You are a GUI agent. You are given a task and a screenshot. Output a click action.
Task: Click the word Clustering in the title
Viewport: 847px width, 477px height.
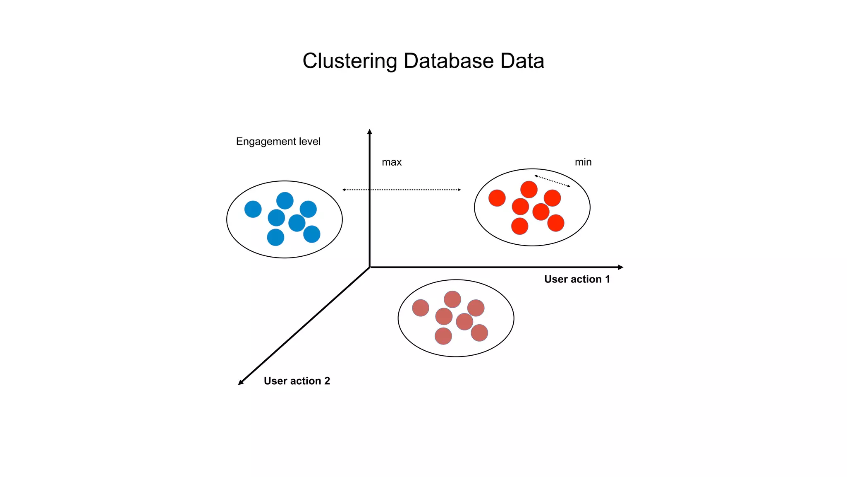pos(349,61)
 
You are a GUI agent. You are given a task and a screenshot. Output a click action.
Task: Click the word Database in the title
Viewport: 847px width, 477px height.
pos(448,61)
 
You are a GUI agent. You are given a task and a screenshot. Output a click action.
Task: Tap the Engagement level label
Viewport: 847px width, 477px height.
pos(278,142)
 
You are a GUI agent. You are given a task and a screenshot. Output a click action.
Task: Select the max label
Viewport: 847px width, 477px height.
pos(391,162)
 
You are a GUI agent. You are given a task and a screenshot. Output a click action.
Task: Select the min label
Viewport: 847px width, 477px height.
pos(583,162)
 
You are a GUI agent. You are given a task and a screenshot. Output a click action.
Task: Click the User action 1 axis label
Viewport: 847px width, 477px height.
pos(577,279)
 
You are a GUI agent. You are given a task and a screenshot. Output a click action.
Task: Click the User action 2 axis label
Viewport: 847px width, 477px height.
pos(297,381)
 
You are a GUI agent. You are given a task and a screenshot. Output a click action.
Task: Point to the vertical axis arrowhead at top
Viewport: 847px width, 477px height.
pos(370,132)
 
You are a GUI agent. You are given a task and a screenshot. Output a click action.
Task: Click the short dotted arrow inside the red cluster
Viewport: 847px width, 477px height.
pos(552,181)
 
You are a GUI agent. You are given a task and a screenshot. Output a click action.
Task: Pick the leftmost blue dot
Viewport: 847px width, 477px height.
pos(253,209)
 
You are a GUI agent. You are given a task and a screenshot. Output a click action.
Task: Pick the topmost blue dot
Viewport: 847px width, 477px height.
pos(285,201)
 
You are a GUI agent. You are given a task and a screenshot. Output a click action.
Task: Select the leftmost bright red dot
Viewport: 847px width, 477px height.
pos(497,198)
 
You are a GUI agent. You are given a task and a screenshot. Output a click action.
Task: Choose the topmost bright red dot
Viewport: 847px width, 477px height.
pos(529,190)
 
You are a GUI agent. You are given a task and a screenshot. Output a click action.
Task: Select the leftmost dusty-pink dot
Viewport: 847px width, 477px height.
pos(420,308)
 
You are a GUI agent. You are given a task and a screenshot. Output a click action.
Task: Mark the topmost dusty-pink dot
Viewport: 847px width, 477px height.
pos(452,299)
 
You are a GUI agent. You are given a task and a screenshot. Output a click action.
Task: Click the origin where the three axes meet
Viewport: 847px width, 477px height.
pos(370,267)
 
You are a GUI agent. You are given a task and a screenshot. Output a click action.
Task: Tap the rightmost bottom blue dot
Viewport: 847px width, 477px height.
pos(311,234)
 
